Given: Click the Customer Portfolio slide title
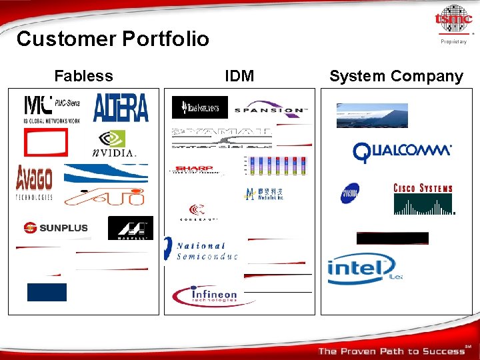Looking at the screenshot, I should [x=113, y=39].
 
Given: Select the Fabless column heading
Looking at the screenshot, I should [x=83, y=76].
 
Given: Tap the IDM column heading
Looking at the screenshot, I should [x=239, y=76].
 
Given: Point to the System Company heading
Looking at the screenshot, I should [x=396, y=76].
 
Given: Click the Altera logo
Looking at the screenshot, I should [x=121, y=107].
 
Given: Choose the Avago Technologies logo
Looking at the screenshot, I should [x=34, y=182].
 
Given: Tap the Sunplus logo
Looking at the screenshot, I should [x=56, y=228].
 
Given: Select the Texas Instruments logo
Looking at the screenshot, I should [x=199, y=107].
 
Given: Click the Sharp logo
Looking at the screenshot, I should [x=195, y=169].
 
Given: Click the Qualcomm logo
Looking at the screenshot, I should [x=402, y=151].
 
